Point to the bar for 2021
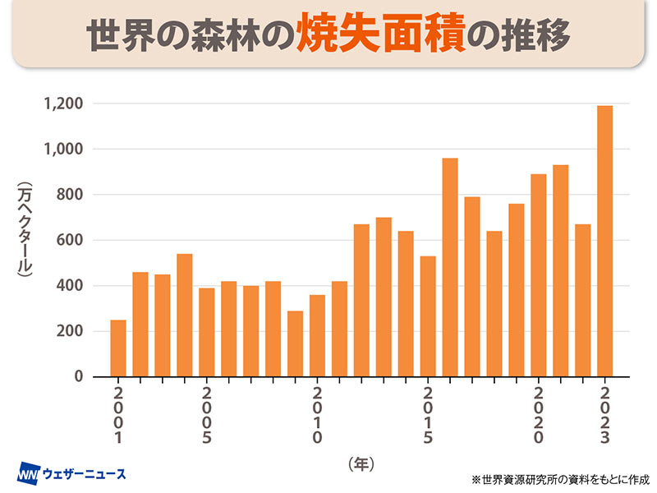coord(561,270)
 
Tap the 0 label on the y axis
coord(80,376)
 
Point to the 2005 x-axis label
coord(207,416)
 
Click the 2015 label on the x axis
coord(428,416)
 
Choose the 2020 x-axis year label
coord(539,416)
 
